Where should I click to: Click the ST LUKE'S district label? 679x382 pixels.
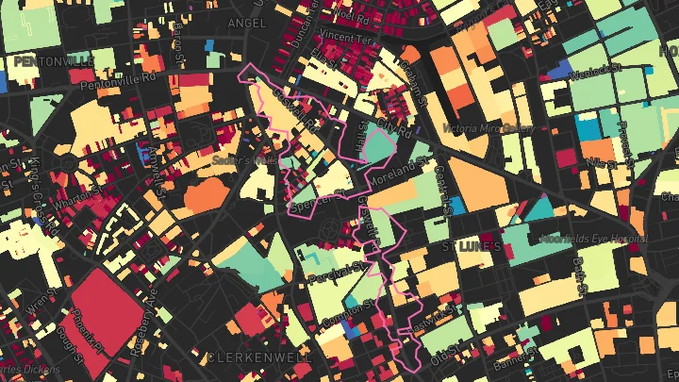tap(472, 245)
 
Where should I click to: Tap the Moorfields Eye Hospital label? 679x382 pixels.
tap(593, 239)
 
